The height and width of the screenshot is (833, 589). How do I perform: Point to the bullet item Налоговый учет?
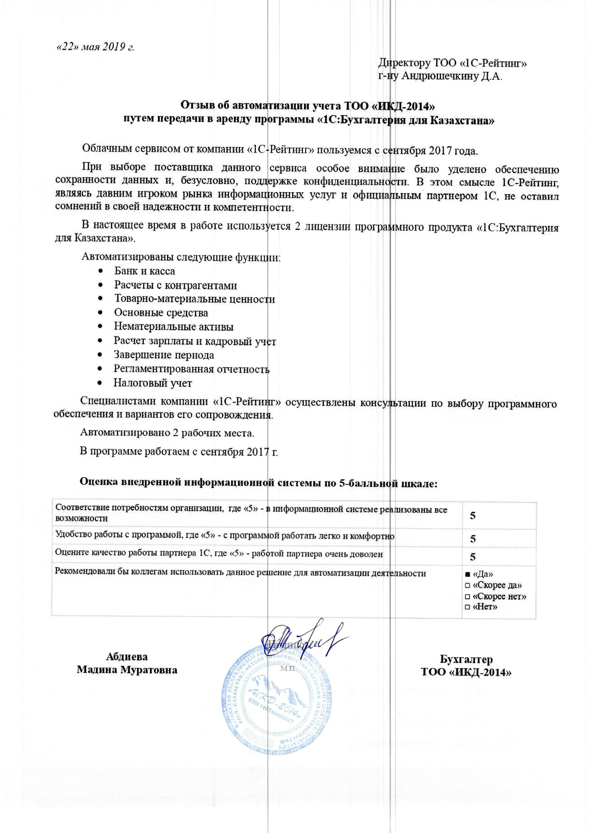coord(153,383)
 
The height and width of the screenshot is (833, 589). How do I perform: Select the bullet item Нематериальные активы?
coord(174,327)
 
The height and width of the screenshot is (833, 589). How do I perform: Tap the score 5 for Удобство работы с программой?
coord(473,539)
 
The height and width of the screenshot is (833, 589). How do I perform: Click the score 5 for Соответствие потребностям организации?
coord(473,516)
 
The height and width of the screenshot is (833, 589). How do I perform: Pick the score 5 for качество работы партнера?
coord(473,557)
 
